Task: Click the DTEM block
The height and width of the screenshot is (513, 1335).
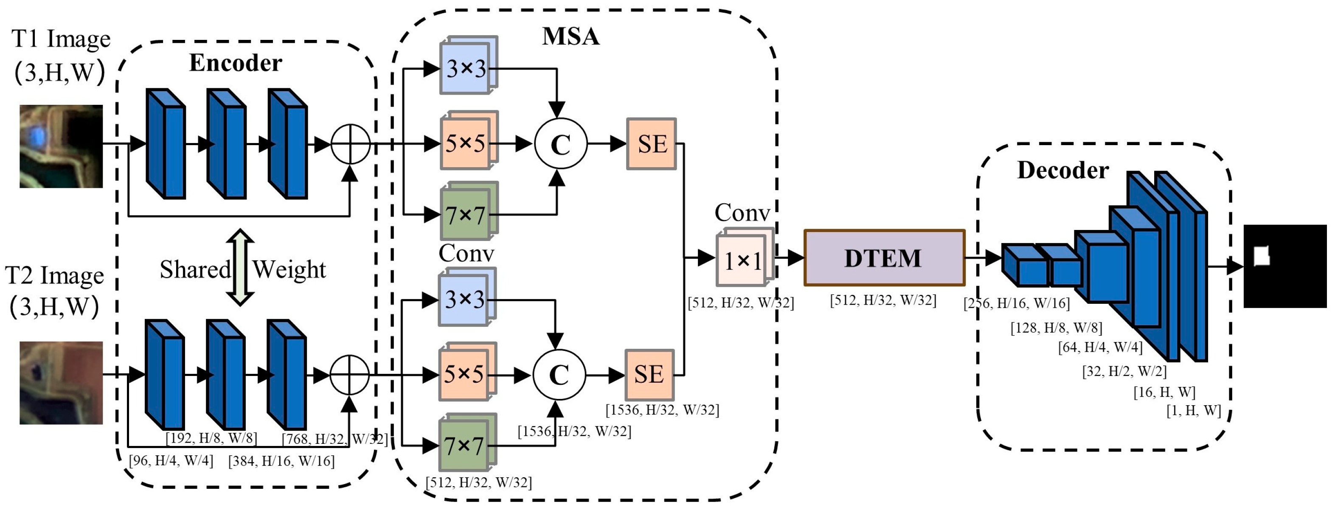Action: click(x=884, y=258)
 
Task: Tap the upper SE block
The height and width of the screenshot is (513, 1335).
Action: click(x=652, y=143)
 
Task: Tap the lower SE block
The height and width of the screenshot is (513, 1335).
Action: click(x=649, y=375)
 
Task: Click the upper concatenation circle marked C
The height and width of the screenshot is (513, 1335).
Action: click(x=560, y=144)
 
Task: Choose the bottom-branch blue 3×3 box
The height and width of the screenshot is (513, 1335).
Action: click(x=465, y=299)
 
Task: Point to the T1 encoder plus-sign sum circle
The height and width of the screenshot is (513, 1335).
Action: click(x=350, y=144)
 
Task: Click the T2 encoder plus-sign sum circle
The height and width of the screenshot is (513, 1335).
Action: click(x=349, y=375)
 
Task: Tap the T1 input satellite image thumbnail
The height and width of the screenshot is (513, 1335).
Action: click(x=61, y=146)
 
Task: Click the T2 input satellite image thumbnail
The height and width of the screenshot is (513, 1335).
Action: click(x=61, y=382)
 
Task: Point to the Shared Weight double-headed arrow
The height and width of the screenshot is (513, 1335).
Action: click(x=240, y=267)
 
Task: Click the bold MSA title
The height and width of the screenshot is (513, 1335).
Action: click(x=571, y=36)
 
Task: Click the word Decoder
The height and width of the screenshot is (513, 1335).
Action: click(x=1062, y=171)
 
